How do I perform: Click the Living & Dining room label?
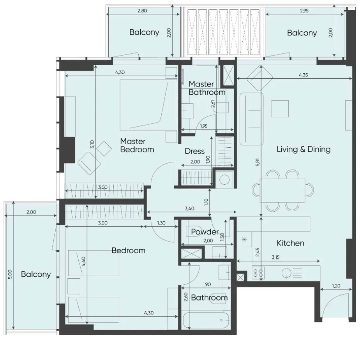[x=304, y=149]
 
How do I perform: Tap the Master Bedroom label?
[x=137, y=145]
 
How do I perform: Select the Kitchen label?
[x=290, y=243]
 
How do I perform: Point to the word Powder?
[x=205, y=231]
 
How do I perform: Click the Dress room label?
[x=194, y=151]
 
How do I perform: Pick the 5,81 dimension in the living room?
[x=258, y=162]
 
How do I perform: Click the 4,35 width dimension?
[x=303, y=75]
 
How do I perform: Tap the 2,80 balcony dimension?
[x=142, y=11]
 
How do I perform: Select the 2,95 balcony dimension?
[x=304, y=11]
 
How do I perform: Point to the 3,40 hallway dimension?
[x=189, y=208]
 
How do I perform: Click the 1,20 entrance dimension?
[x=336, y=286]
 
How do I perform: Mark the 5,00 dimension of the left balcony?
[x=10, y=274]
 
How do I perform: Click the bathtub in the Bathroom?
[x=206, y=320]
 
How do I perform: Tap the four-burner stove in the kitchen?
[x=258, y=273]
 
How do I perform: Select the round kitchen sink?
[x=287, y=273]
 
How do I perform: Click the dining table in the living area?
[x=282, y=191]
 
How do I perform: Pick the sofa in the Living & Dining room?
[x=251, y=119]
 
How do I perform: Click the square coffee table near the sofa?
[x=280, y=109]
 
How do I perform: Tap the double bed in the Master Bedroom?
[x=148, y=105]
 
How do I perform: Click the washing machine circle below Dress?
[x=224, y=179]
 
